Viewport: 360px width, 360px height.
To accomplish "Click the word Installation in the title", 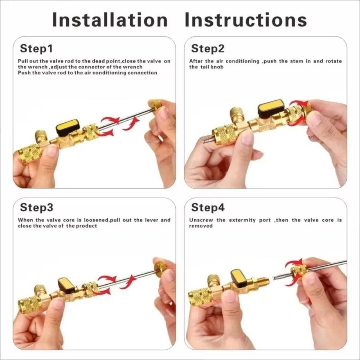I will (x=110, y=20).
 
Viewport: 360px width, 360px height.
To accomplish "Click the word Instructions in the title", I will (x=246, y=20).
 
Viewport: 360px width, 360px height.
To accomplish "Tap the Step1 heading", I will (x=36, y=48).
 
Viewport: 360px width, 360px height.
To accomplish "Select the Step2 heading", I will (x=208, y=48).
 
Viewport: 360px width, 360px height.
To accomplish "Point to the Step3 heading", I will (x=36, y=207).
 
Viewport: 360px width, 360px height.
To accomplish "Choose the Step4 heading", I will (x=208, y=207).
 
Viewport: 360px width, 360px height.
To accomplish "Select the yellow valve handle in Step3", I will (x=66, y=284).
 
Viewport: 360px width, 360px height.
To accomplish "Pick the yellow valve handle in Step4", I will (x=239, y=277).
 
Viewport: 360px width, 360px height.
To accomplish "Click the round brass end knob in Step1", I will (x=156, y=105).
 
